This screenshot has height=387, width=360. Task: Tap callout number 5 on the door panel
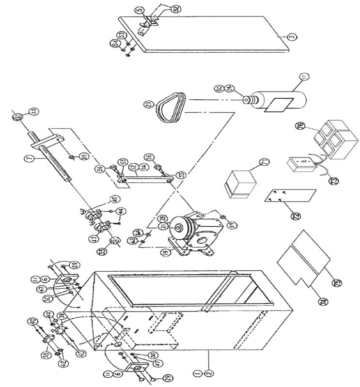(139, 9)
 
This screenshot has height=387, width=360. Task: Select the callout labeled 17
(304, 76)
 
